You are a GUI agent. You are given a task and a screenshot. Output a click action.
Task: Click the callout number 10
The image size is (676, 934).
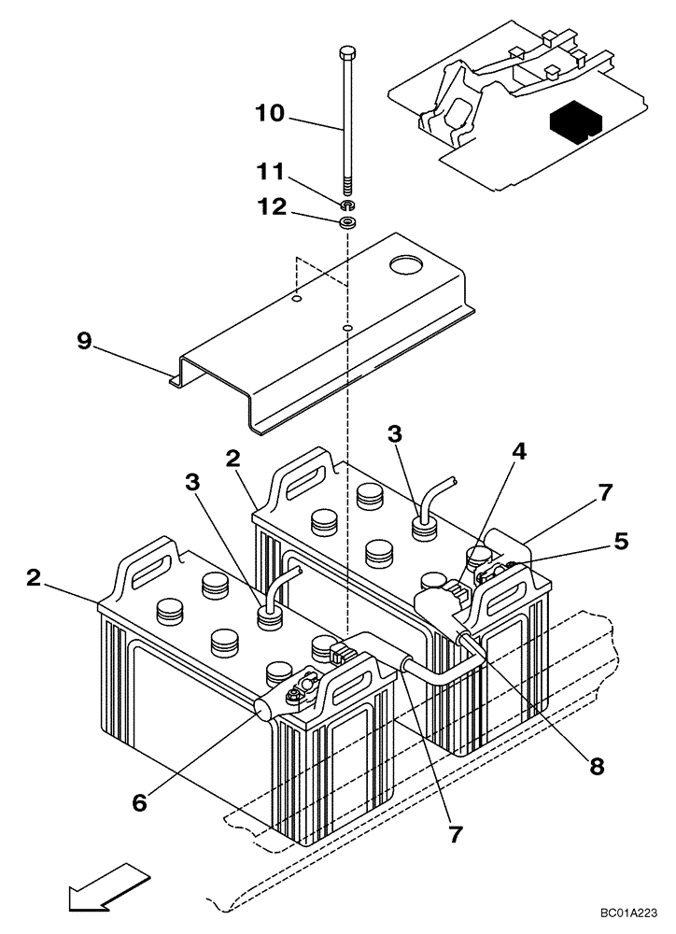pos(273,114)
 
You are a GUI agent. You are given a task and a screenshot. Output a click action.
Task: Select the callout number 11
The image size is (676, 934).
pos(273,174)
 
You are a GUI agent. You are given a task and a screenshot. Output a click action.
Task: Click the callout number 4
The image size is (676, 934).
pos(519,451)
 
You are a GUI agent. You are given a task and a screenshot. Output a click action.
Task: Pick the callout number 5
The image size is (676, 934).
pos(622,541)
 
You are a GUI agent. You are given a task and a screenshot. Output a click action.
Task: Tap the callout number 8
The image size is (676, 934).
pos(596,766)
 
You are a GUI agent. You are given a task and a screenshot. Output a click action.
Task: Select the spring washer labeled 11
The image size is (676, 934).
pos(348,204)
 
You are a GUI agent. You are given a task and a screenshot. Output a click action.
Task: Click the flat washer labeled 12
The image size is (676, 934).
pos(348,223)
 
